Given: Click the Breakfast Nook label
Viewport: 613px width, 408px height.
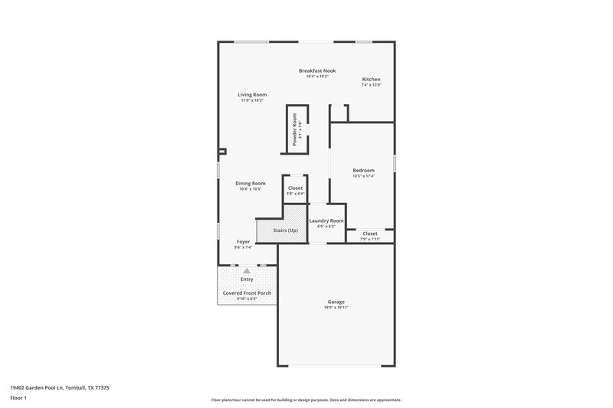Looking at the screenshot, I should click(316, 70).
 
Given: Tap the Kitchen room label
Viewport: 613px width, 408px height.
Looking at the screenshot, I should click(371, 79).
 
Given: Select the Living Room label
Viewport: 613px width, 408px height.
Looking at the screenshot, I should click(252, 94).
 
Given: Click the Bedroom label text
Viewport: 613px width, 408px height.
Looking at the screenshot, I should click(363, 170).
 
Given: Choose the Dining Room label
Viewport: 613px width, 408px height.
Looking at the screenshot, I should click(251, 183).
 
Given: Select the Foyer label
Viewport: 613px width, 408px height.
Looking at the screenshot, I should click(243, 242).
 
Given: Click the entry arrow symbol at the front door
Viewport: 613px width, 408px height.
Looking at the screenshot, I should click(247, 270).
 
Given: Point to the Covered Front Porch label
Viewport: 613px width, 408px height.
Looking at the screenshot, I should click(247, 292).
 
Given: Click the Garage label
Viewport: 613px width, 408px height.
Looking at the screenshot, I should click(336, 302).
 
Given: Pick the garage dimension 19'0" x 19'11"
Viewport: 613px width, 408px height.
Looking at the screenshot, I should click(336, 308).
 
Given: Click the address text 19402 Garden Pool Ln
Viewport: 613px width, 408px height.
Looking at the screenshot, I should click(60, 388).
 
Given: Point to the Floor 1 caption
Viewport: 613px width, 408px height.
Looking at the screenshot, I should click(18, 399).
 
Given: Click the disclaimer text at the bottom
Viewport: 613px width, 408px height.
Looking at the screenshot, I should click(306, 400).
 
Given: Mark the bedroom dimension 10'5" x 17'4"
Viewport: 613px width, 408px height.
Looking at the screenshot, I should click(363, 176).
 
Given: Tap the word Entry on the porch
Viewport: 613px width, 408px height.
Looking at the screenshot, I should click(247, 279).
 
